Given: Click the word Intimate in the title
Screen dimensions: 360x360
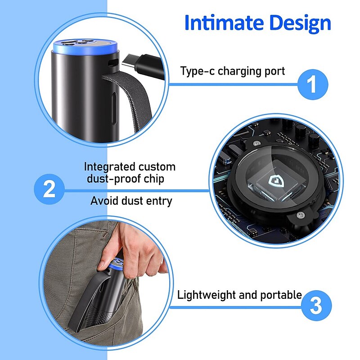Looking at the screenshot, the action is (224, 22).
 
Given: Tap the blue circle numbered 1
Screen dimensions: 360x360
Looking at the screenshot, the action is (313, 84).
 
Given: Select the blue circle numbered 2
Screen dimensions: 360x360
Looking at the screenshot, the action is (49, 189).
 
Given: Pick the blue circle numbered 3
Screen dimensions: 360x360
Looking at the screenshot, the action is (316, 306).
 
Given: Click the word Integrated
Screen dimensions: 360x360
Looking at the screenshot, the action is (109, 167).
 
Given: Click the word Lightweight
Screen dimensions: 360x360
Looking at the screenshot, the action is (206, 295).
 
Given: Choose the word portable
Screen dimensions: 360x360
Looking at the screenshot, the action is (281, 295).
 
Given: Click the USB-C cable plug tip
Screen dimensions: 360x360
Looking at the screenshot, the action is (126, 62).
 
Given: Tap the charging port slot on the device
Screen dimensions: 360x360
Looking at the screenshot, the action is (113, 63).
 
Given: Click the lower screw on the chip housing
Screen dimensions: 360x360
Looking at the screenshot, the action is (301, 215).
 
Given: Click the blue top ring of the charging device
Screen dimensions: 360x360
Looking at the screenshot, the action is (85, 47).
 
